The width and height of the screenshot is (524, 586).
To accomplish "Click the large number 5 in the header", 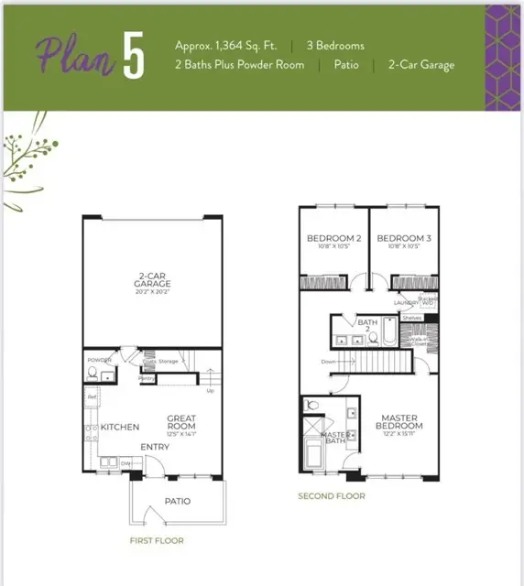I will [133, 56].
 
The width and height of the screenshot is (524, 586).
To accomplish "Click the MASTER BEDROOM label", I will [400, 421].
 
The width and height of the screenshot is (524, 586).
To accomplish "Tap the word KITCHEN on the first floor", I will [120, 427].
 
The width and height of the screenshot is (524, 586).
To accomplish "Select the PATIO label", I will [178, 501].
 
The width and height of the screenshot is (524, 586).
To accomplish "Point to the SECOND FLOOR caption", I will [332, 496].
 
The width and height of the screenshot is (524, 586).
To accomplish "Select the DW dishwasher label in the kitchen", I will [125, 463].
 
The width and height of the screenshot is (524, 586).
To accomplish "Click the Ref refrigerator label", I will [92, 396].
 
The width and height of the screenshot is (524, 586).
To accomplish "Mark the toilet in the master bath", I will [311, 405].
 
